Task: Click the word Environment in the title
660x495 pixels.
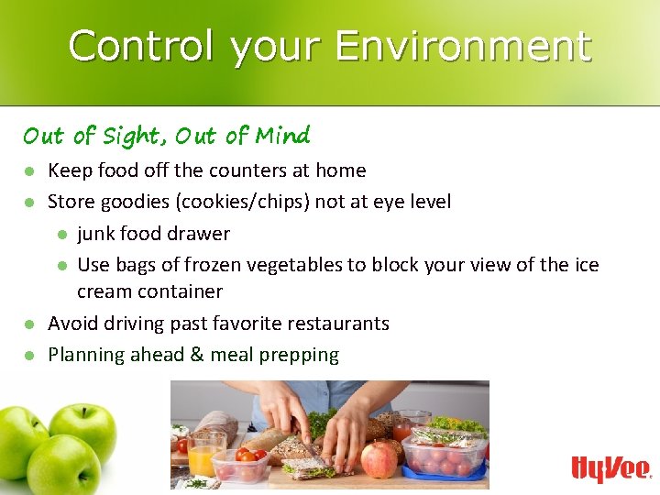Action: pos(462,46)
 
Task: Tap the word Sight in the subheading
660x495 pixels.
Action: pos(130,137)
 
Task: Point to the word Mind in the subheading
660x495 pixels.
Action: pos(283,137)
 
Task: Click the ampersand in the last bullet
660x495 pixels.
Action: pos(196,355)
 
